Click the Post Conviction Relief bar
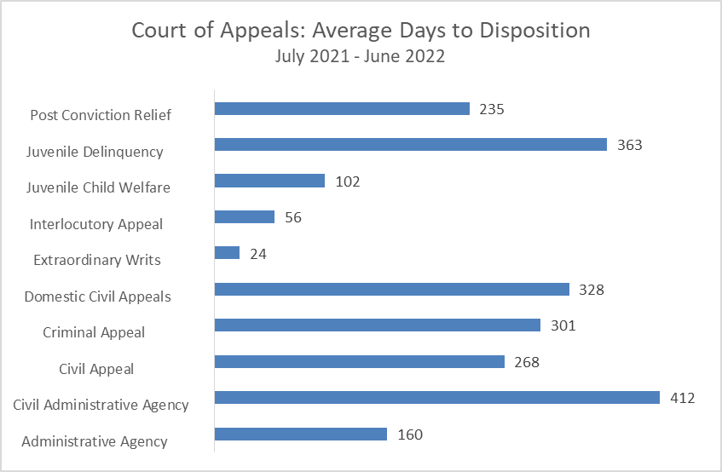point(342,108)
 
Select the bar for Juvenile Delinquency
point(410,145)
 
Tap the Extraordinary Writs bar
point(227,253)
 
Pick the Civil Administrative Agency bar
point(436,398)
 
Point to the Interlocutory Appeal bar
point(244,217)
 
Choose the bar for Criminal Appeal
point(377,325)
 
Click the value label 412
point(683,398)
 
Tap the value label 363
point(630,145)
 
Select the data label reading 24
point(258,253)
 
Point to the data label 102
point(348,181)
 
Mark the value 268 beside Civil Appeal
point(527,362)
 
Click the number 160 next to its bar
point(410,435)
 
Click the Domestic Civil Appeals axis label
point(97,296)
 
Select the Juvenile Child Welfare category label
point(98,187)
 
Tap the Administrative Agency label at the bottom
point(95,441)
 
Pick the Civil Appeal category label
point(96,369)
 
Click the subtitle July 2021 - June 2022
point(361,57)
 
